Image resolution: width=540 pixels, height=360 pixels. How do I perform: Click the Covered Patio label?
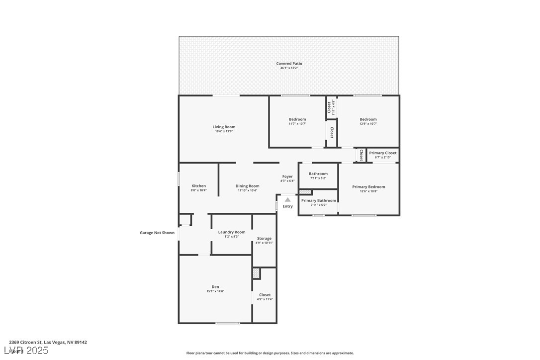[x=289, y=64]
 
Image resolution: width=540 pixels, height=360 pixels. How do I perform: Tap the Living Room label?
[x=224, y=127]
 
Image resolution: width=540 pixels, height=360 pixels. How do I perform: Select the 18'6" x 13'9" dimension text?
[x=224, y=132]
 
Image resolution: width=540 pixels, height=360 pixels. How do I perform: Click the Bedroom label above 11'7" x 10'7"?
[x=297, y=119]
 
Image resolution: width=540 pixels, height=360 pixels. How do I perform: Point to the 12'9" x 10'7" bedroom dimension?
[x=368, y=124]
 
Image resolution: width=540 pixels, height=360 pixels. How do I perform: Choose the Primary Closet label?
[x=383, y=153]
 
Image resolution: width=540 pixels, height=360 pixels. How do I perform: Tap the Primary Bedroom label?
[x=368, y=187]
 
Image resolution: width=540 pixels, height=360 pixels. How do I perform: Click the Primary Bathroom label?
[x=318, y=200]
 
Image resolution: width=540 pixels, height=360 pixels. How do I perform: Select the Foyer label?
[x=287, y=177]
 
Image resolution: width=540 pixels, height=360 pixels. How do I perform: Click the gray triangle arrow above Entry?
[x=287, y=200]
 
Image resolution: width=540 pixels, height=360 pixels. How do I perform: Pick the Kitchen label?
[x=198, y=186]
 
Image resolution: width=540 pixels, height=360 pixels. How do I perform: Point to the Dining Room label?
[x=247, y=186]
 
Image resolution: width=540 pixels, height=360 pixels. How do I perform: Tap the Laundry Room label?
[x=232, y=232]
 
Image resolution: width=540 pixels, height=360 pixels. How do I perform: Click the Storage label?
[x=264, y=239]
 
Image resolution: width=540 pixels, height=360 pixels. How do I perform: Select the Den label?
[x=215, y=287]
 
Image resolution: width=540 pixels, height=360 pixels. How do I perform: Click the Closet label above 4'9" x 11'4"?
[x=265, y=295]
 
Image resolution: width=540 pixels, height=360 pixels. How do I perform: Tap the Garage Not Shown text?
[x=157, y=233]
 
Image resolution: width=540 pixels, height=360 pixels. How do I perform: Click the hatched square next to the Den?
[x=256, y=273]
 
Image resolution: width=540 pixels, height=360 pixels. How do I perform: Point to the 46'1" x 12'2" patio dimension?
[x=289, y=68]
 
